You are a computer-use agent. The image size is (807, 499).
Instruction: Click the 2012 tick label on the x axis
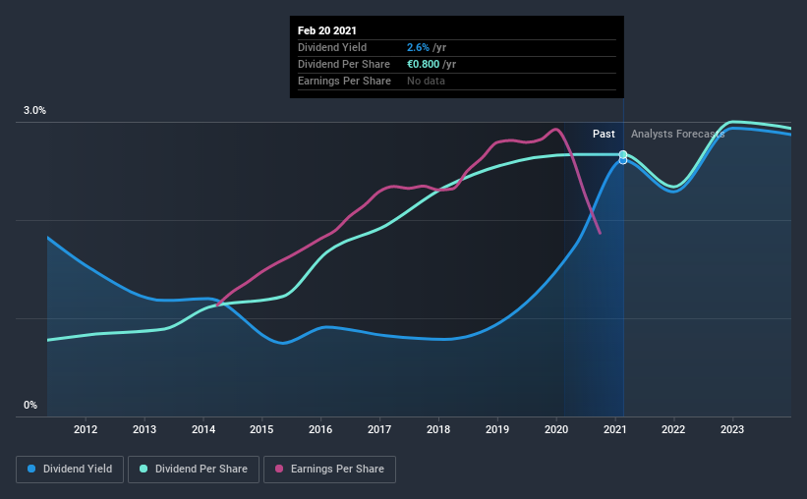[x=86, y=429]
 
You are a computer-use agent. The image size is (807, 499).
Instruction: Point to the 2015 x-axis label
[x=261, y=429]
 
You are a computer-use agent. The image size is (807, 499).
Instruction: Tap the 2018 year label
[x=438, y=429]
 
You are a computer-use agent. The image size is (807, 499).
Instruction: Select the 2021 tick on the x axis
[x=615, y=429]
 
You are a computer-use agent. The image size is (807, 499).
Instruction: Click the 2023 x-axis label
[x=732, y=429]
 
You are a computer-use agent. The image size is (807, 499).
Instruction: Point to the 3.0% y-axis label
[x=35, y=111]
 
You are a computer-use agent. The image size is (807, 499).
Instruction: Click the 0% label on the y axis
[x=30, y=405]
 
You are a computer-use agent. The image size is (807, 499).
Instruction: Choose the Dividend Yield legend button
[x=70, y=470]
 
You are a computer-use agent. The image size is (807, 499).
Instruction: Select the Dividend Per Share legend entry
[x=196, y=470]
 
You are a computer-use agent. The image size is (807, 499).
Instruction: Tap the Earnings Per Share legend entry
[x=329, y=470]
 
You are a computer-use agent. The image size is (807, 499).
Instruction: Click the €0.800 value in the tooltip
[x=425, y=64]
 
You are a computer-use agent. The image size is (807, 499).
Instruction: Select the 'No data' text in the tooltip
[x=426, y=81]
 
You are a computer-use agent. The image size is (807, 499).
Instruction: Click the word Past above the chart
[x=604, y=134]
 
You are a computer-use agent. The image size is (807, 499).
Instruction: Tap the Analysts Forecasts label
[x=672, y=134]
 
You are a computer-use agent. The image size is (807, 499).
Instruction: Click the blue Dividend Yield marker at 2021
[x=622, y=160]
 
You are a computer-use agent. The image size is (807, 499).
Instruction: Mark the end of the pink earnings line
[x=599, y=233]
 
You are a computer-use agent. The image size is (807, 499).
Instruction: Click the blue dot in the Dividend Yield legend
[x=32, y=470]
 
